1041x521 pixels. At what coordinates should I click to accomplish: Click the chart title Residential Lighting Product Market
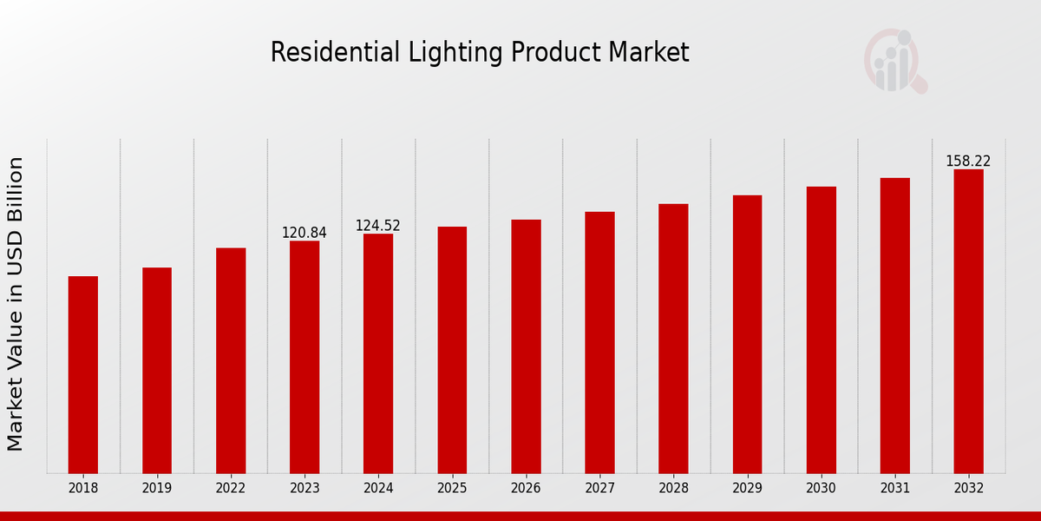click(480, 53)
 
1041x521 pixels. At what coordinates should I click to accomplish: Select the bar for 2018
click(83, 374)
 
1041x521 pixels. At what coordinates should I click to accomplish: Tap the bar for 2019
click(157, 370)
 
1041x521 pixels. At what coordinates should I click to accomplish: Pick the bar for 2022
click(231, 360)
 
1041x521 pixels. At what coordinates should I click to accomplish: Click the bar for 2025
click(452, 350)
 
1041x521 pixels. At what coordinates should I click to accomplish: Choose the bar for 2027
click(599, 342)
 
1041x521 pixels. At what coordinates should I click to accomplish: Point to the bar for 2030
click(821, 330)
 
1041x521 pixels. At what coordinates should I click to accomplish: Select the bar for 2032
click(968, 321)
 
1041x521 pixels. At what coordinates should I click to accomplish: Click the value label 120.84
click(304, 233)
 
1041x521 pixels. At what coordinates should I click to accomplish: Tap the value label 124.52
click(378, 226)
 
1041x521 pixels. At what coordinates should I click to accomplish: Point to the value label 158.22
click(968, 162)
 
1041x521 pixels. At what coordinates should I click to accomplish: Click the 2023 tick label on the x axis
click(304, 488)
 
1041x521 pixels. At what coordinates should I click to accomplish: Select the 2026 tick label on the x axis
click(526, 488)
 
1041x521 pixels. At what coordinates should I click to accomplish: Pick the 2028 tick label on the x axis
click(673, 488)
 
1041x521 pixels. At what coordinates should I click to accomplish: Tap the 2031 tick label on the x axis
click(894, 488)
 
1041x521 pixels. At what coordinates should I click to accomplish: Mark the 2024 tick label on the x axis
click(378, 488)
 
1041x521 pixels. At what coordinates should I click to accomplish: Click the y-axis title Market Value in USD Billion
click(16, 304)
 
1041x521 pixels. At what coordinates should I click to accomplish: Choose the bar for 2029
click(747, 334)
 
